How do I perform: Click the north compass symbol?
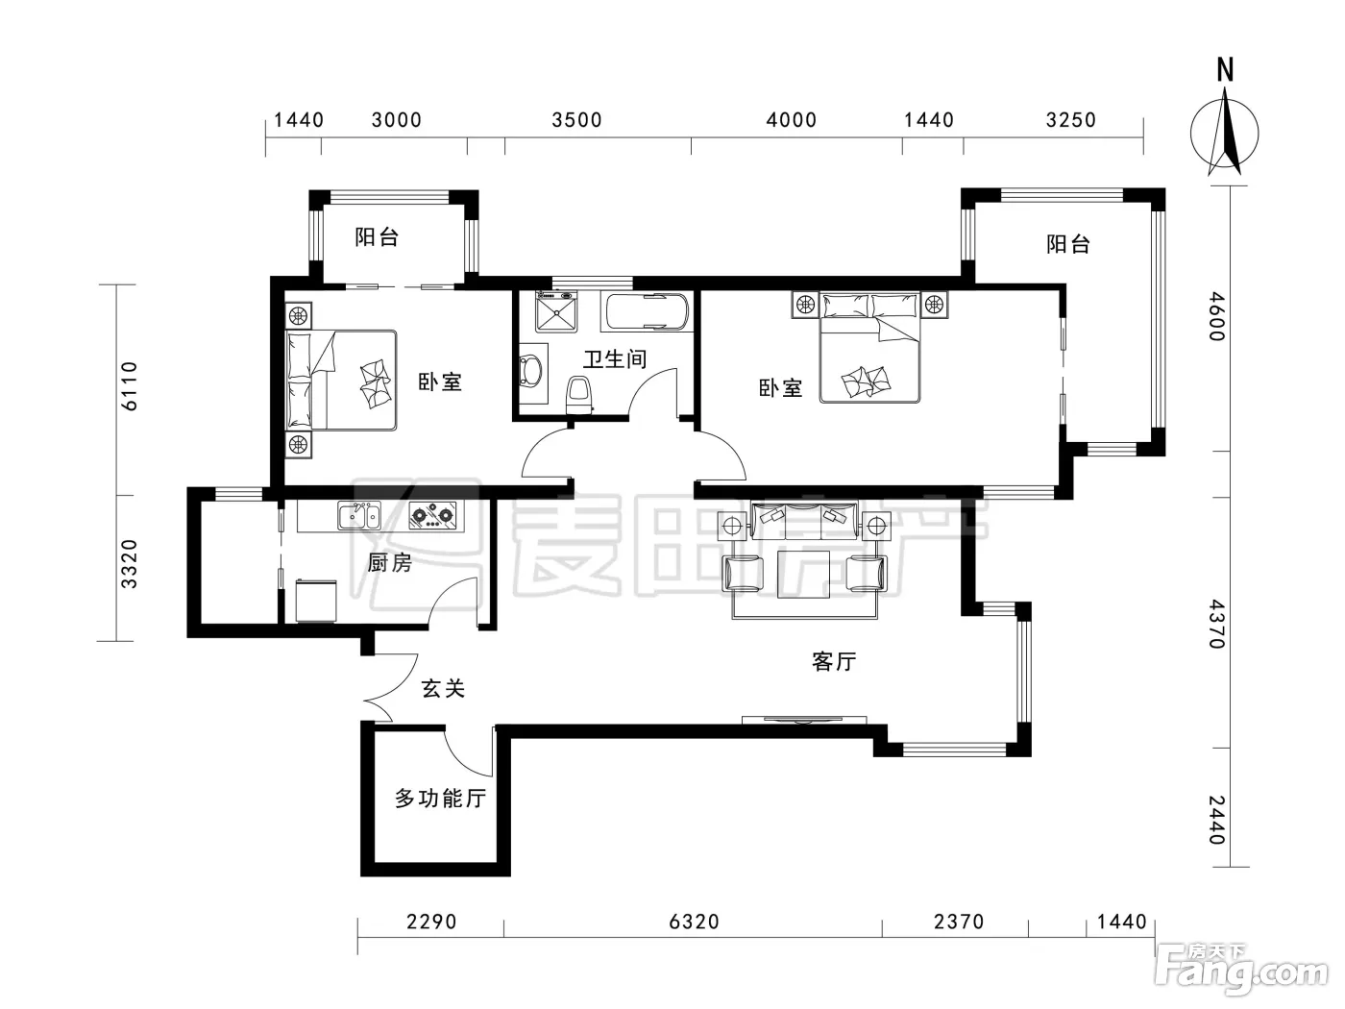[x=1224, y=132]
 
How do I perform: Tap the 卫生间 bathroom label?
[x=615, y=359]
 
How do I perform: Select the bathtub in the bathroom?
[x=648, y=311]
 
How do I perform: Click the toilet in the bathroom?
[x=579, y=394]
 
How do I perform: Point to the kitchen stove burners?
[x=432, y=515]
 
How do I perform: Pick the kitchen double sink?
[x=359, y=515]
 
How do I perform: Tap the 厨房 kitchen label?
[x=390, y=562]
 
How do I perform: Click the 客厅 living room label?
[x=833, y=662]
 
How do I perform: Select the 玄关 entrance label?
[x=443, y=689]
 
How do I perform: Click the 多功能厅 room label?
[x=440, y=799]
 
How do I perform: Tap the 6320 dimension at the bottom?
[x=694, y=922]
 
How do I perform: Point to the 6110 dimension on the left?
[x=130, y=386]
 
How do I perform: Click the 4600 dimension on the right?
[x=1216, y=316]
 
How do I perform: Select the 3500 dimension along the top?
[x=576, y=120]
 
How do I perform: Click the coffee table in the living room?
[x=803, y=574]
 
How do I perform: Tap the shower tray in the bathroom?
[x=556, y=311]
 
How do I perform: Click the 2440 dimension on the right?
[x=1216, y=820]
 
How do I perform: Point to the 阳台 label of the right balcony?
[x=1068, y=244]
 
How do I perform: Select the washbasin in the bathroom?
[x=530, y=372]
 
